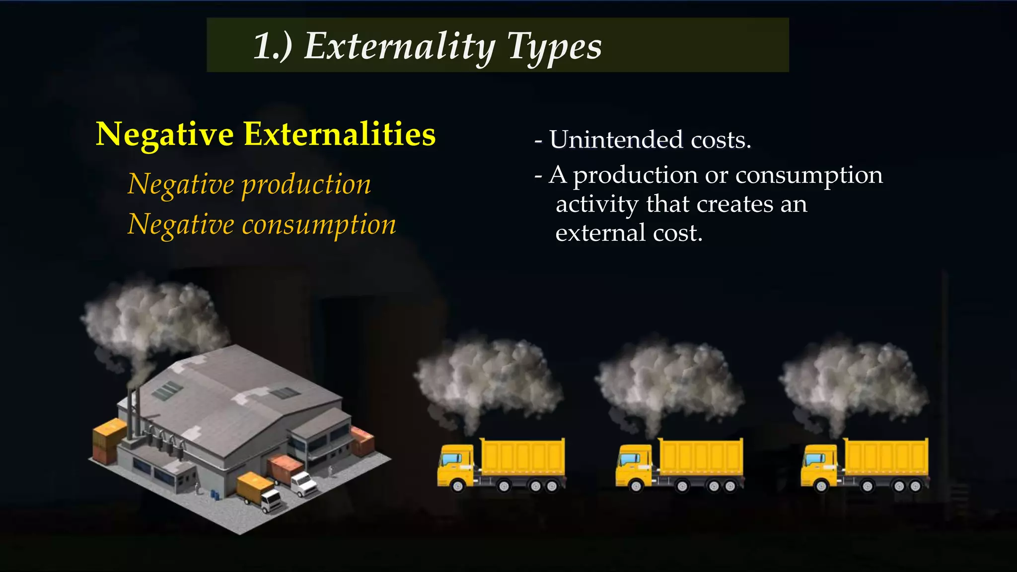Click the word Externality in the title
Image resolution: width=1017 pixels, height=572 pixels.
click(x=400, y=47)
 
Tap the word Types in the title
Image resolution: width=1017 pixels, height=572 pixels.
click(x=554, y=47)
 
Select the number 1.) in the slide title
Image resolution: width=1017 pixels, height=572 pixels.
click(x=273, y=47)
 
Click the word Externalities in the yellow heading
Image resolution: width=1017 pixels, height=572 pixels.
click(x=340, y=134)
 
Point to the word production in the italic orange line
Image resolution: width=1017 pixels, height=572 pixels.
click(x=306, y=185)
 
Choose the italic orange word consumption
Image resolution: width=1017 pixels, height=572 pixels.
click(x=319, y=224)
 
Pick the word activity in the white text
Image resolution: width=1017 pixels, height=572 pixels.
click(x=597, y=204)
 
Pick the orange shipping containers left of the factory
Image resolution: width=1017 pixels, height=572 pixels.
click(x=109, y=439)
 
